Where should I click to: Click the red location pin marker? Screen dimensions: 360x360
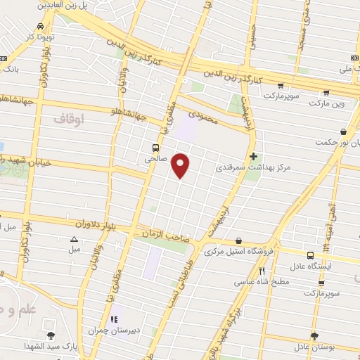[181, 165]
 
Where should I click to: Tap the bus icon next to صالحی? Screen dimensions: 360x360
[156, 148]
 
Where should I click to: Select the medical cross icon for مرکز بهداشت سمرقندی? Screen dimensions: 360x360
[253, 156]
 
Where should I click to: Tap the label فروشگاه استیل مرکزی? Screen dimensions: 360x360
[238, 251]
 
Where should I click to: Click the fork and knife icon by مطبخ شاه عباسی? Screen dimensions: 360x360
[262, 271]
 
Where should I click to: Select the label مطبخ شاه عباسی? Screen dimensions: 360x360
[262, 282]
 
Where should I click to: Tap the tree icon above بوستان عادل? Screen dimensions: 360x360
[314, 335]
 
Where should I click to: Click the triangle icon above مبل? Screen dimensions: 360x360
[74, 239]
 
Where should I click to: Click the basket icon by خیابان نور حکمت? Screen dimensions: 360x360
[343, 131]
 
